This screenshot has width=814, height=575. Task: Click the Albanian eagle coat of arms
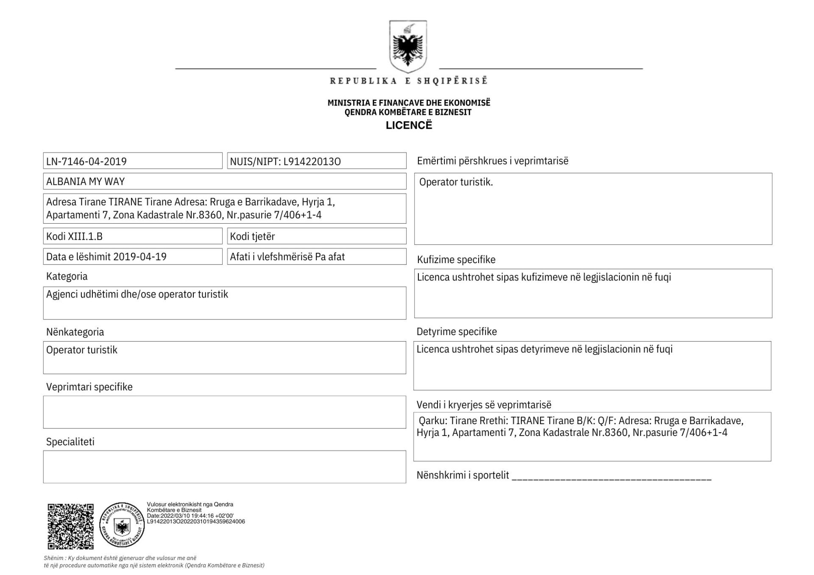pos(407,47)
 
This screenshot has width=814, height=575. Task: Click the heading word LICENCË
pos(409,125)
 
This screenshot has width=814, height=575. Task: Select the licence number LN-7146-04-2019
pos(86,161)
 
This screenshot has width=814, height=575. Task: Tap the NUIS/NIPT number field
pos(316,161)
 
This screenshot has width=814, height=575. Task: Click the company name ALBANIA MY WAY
pos(86,182)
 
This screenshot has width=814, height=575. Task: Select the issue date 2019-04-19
pos(140,257)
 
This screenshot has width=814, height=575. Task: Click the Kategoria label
pos(67,277)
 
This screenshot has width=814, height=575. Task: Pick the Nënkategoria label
pos(75,332)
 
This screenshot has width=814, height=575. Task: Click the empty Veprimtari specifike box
pos(224,412)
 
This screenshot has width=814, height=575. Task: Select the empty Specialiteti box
pos(224,467)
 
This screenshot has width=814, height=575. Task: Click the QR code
pos(70,526)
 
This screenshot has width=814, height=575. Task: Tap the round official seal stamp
pos(122,525)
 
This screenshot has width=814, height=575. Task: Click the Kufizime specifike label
pos(456,260)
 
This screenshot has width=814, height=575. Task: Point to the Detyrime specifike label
pos(457,332)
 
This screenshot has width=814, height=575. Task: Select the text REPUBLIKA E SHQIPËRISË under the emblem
pos(409,81)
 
